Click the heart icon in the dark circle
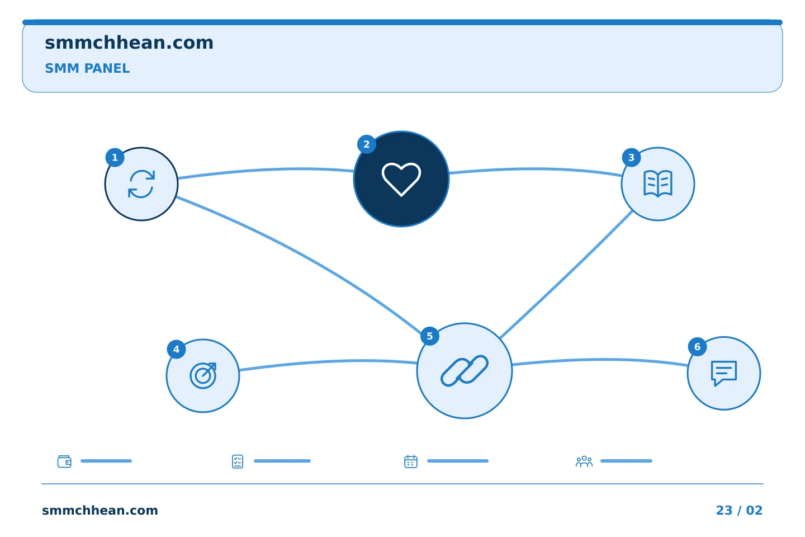click(x=401, y=180)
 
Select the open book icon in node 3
click(x=657, y=184)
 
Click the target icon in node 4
click(x=203, y=376)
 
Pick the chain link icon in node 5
click(x=465, y=370)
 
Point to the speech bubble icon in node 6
click(x=724, y=373)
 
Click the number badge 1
click(x=115, y=158)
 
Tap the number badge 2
click(x=367, y=144)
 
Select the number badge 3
click(x=631, y=158)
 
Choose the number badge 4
click(x=176, y=349)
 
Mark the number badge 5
click(x=429, y=336)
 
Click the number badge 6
click(x=697, y=347)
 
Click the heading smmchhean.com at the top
click(x=129, y=43)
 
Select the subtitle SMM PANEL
click(x=87, y=68)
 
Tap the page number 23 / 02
click(x=739, y=510)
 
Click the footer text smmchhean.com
click(x=100, y=510)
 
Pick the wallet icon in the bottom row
click(x=64, y=461)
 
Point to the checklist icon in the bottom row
click(x=238, y=461)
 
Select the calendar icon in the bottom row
click(x=411, y=461)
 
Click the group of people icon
click(x=584, y=461)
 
